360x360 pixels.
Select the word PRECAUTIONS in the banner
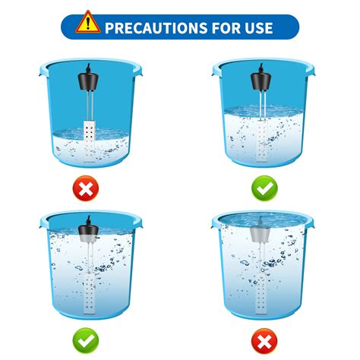pyautogui.click(x=156, y=28)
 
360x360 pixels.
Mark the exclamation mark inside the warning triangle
pyautogui.click(x=90, y=23)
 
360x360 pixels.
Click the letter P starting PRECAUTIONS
pyautogui.click(x=109, y=28)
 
